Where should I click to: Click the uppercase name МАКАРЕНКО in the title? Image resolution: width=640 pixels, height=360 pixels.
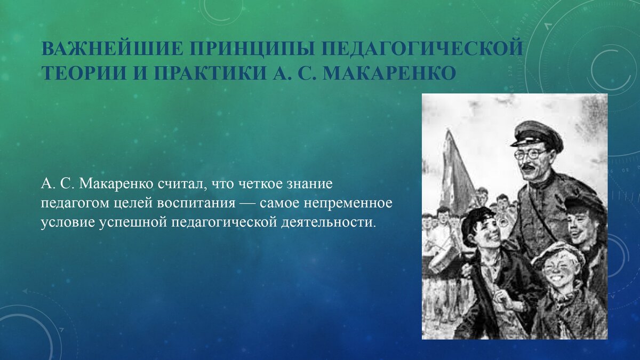point(390,71)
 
